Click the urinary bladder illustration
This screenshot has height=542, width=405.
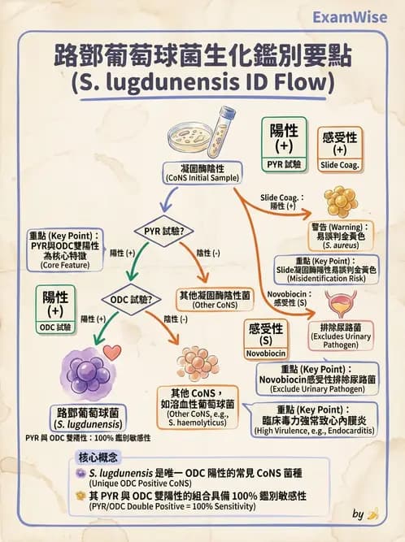(339, 306)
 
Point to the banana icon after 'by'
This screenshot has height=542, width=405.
(373, 514)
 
